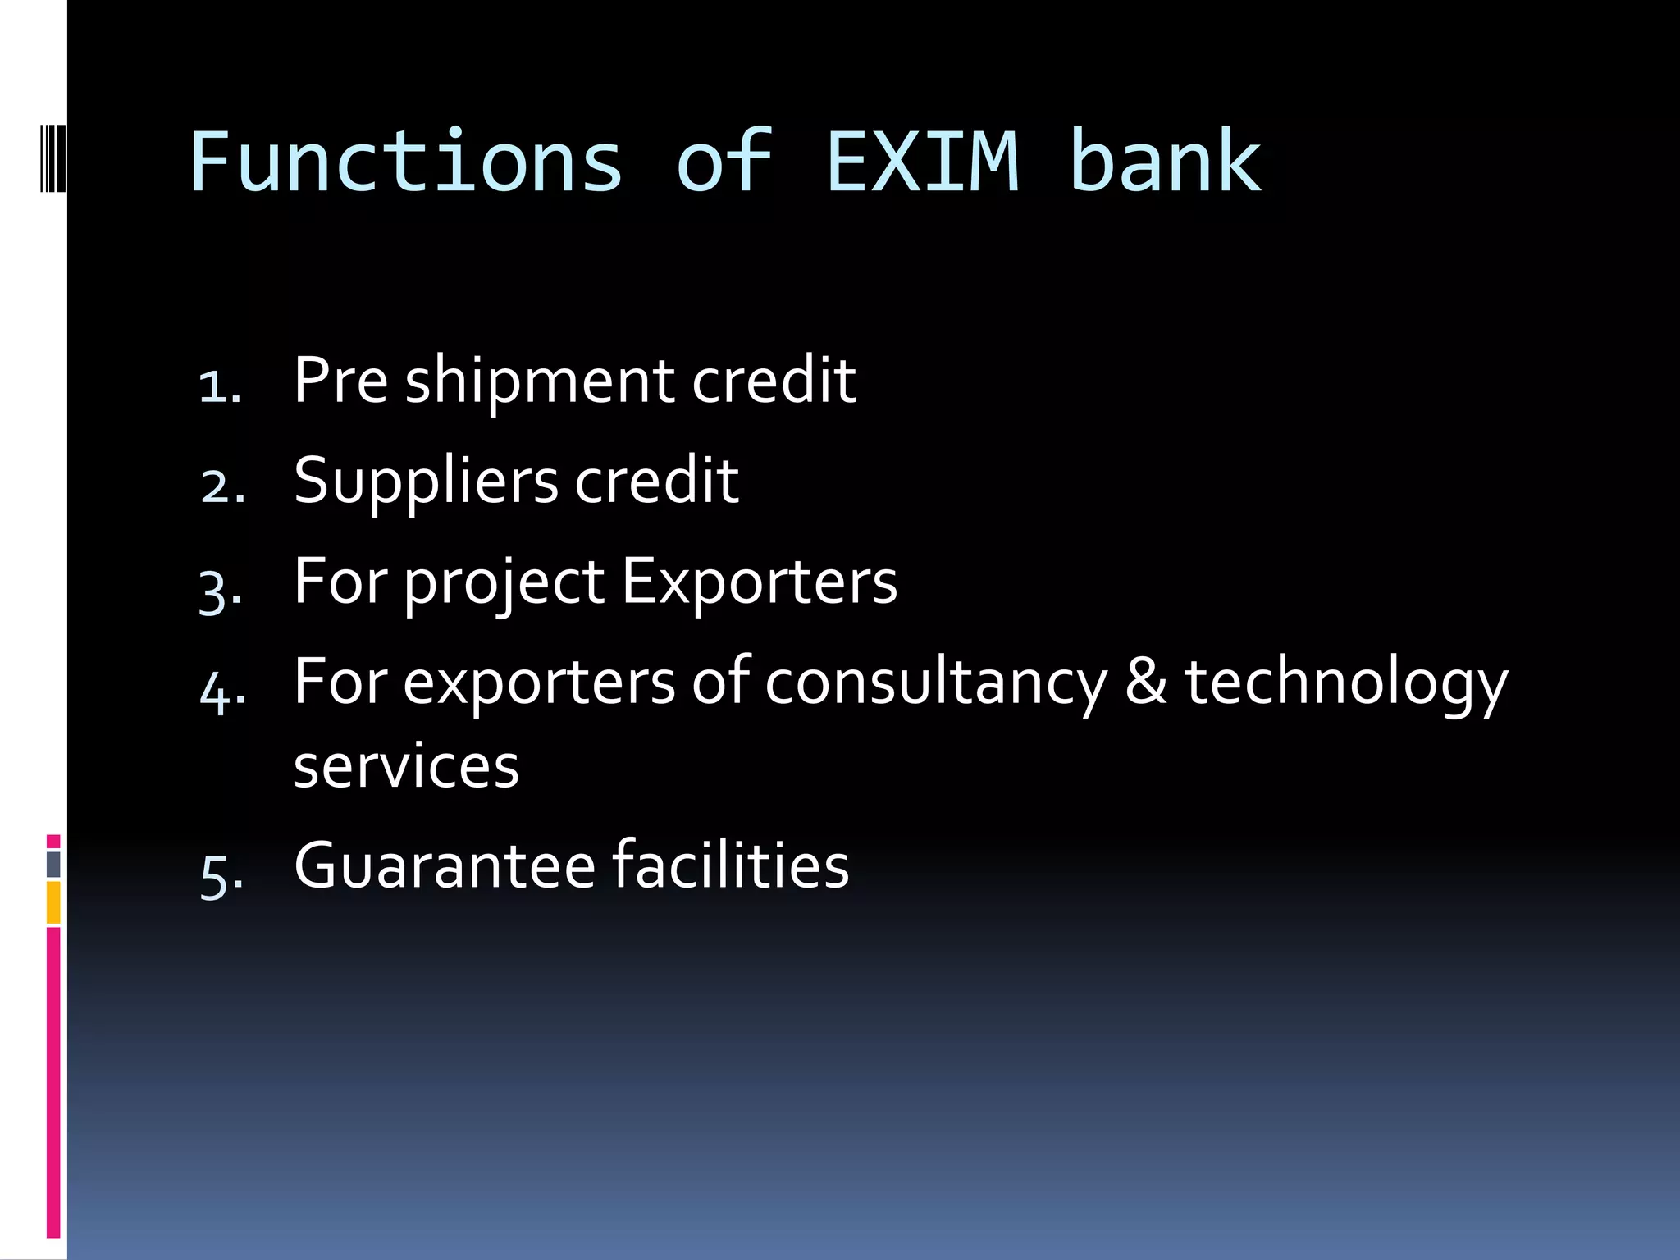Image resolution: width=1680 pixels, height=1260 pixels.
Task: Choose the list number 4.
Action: (x=221, y=690)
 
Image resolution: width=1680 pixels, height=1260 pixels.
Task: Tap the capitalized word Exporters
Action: (x=759, y=582)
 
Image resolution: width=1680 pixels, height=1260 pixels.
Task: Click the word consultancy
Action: (x=935, y=684)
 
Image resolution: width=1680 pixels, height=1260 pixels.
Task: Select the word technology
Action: (x=1346, y=684)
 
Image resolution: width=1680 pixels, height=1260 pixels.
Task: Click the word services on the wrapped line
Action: (x=406, y=767)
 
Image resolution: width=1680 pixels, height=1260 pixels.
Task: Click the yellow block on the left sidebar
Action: (x=53, y=902)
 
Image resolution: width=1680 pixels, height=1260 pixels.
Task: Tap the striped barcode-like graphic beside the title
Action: (x=52, y=146)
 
